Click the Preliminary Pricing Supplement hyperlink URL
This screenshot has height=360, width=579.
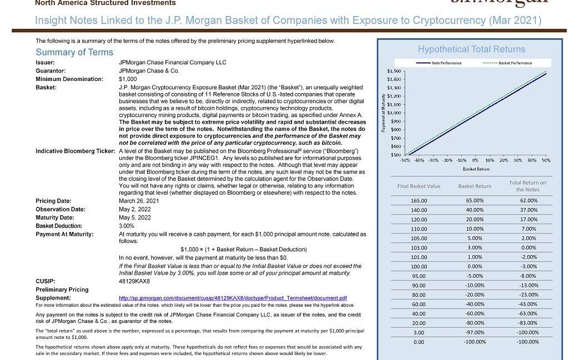[x=233, y=298]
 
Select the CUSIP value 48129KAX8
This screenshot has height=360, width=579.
[x=134, y=281]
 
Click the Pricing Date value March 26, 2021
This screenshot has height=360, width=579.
[x=139, y=201]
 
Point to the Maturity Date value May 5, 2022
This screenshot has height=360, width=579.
[x=135, y=217]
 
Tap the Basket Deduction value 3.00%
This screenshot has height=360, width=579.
[x=127, y=226]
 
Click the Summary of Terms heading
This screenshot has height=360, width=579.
[x=74, y=52]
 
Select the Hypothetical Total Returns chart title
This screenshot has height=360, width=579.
[x=471, y=49]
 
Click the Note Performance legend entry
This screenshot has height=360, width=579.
[x=446, y=63]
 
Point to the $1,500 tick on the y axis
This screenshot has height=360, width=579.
[x=394, y=72]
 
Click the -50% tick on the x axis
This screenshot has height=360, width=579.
[x=405, y=160]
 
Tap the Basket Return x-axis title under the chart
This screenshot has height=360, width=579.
[x=476, y=169]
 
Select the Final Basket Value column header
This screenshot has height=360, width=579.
[x=419, y=186]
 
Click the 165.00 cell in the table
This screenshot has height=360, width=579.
[x=419, y=201]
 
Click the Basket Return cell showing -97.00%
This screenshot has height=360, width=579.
[x=474, y=333]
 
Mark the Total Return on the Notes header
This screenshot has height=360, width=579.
[x=527, y=186]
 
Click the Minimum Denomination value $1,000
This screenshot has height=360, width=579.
[x=128, y=79]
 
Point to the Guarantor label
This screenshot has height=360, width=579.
[x=51, y=71]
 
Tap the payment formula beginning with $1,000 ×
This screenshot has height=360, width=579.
[x=244, y=249]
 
